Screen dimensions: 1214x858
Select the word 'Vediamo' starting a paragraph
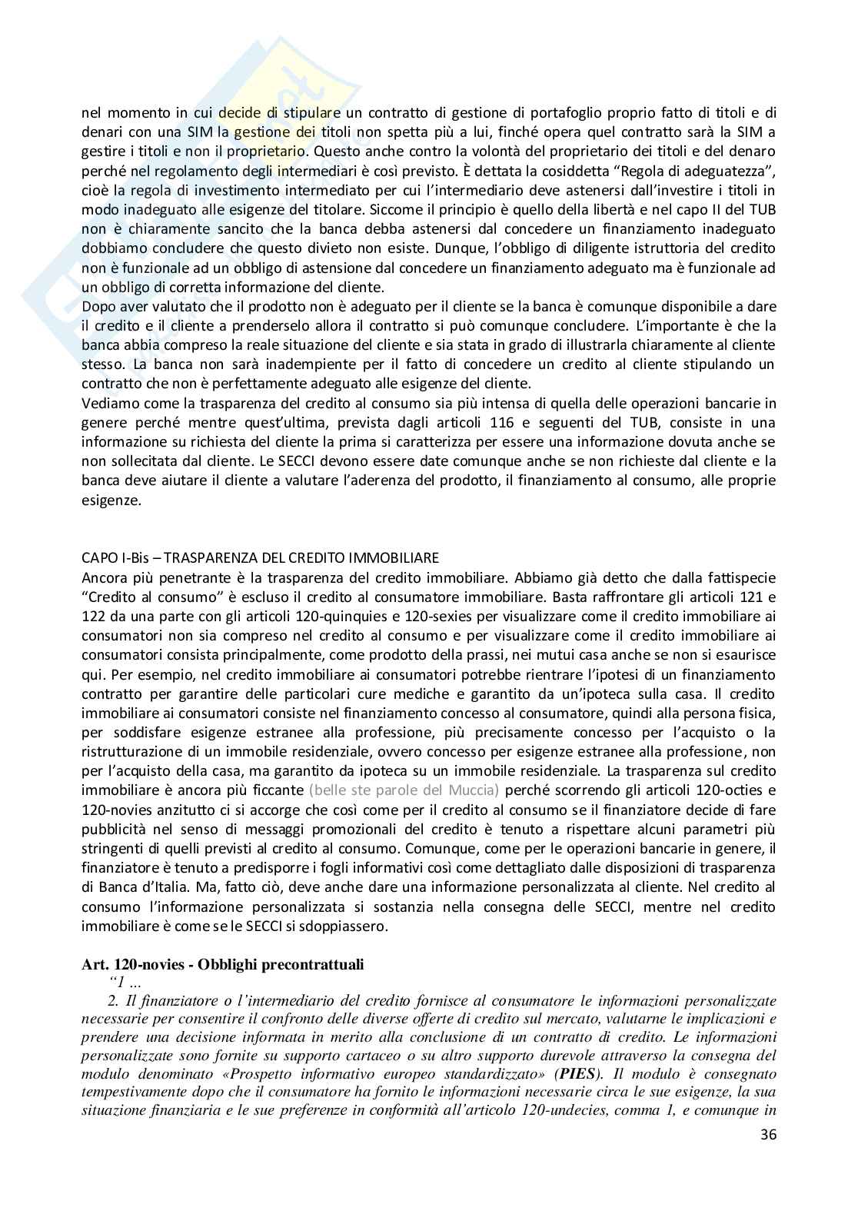(x=105, y=404)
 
